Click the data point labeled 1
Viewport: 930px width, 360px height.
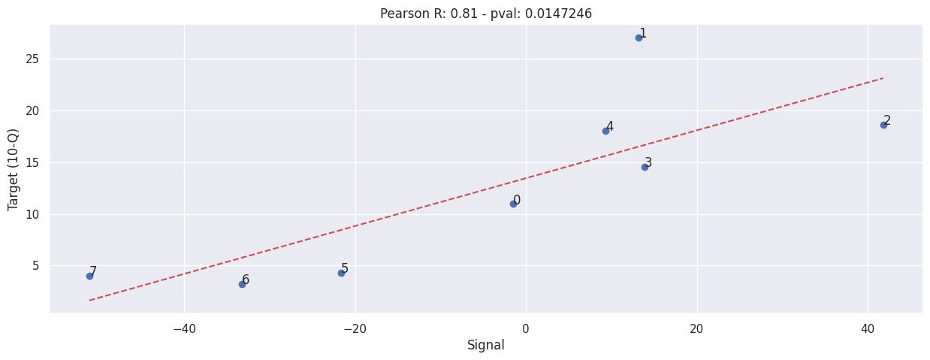(x=639, y=38)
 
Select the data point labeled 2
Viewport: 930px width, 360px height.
(x=883, y=125)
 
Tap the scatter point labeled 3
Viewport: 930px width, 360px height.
(x=645, y=167)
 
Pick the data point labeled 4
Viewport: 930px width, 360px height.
(x=605, y=131)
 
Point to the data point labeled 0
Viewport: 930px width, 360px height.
(x=513, y=204)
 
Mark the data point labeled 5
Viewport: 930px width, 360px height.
(x=341, y=273)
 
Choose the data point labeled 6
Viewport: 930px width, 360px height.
(x=242, y=284)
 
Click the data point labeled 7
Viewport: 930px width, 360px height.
(x=89, y=276)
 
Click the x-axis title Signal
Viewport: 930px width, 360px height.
(x=486, y=346)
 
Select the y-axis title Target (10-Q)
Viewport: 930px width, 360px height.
(x=14, y=169)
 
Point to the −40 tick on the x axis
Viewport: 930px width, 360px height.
(x=184, y=328)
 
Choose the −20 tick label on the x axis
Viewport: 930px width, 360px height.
(x=355, y=328)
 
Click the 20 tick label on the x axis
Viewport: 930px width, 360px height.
(x=696, y=328)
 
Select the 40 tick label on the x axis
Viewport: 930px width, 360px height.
(x=868, y=328)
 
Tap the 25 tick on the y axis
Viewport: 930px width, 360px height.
(x=33, y=59)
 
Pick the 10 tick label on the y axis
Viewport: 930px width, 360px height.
(x=33, y=214)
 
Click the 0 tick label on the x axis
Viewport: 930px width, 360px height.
(x=526, y=328)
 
